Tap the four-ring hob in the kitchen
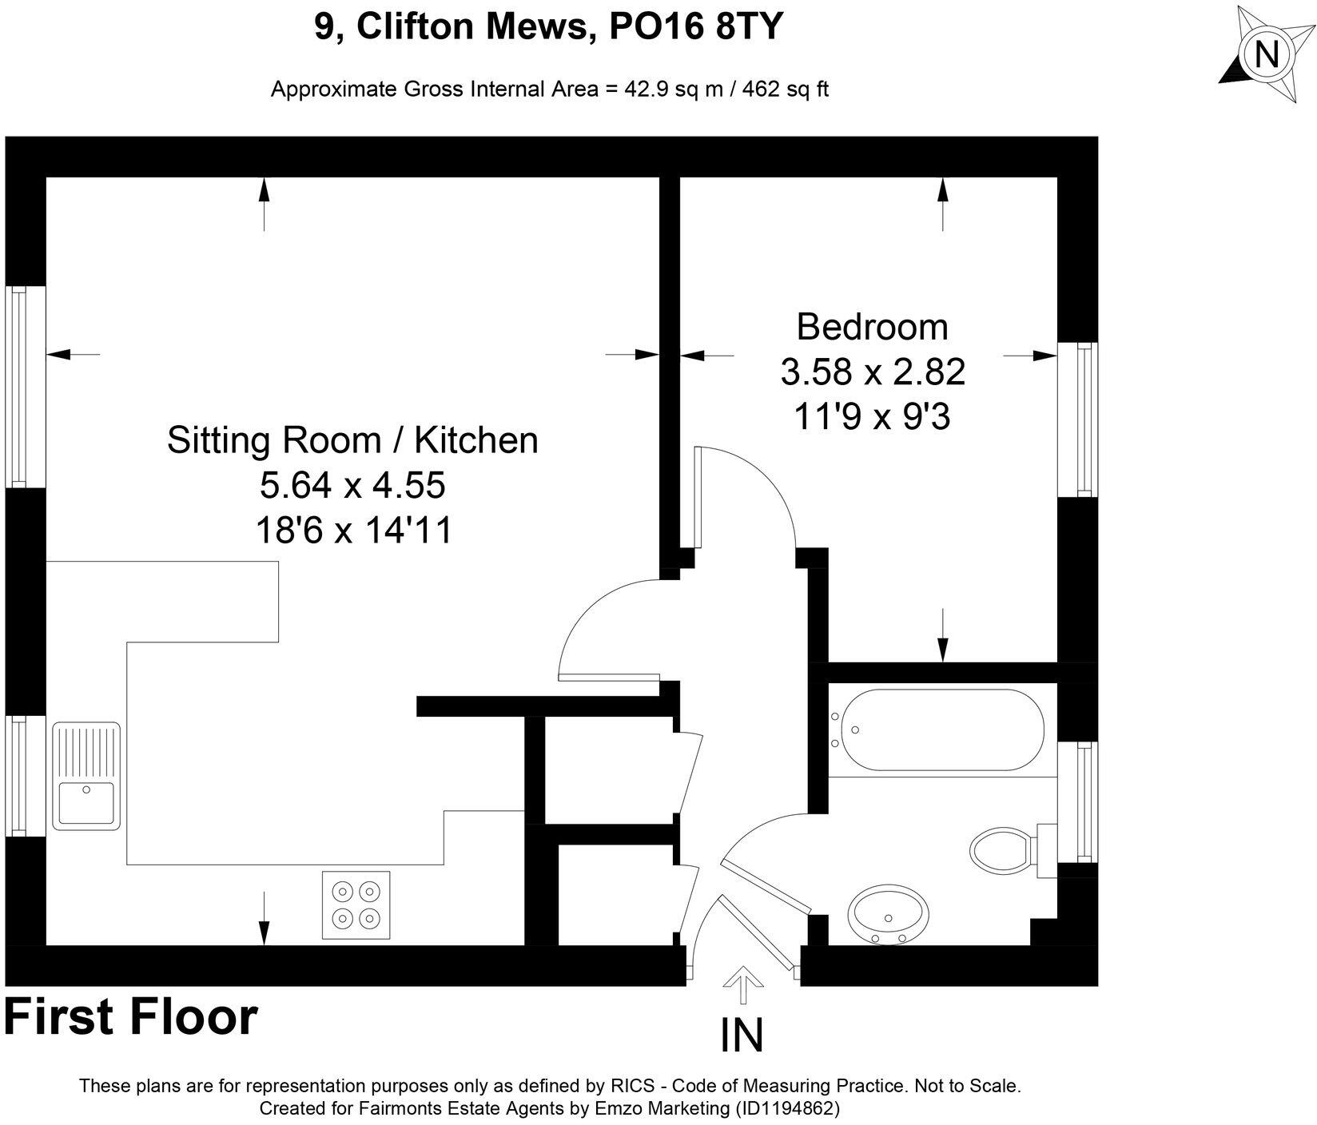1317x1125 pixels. tap(356, 904)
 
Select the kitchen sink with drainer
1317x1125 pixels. tap(86, 774)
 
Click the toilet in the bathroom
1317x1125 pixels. tap(1002, 849)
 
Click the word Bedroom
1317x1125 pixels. tap(873, 328)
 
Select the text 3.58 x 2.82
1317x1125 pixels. tap(873, 372)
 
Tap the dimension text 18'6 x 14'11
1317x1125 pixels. tap(353, 530)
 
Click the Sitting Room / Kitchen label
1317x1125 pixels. tap(352, 441)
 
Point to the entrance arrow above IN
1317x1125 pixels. tap(742, 984)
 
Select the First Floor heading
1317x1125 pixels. tap(131, 1017)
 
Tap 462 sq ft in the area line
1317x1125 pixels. tap(786, 89)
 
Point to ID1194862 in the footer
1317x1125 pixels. tap(786, 1108)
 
